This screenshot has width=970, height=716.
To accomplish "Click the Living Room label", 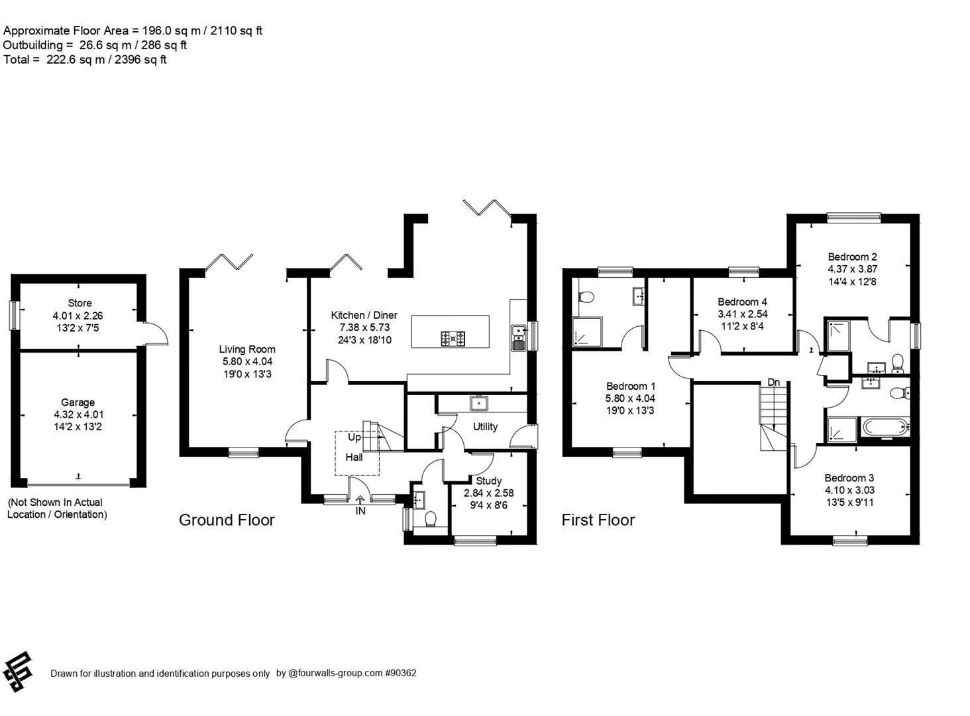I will pyautogui.click(x=247, y=349).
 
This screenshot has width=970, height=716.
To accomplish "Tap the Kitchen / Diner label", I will pyautogui.click(x=364, y=315).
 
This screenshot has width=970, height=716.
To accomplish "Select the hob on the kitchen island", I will pyautogui.click(x=453, y=339).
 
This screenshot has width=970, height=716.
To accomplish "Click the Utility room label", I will pyautogui.click(x=485, y=426).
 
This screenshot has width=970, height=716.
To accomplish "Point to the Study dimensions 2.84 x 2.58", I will pyautogui.click(x=488, y=493).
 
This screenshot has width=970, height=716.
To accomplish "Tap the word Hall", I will pyautogui.click(x=354, y=457).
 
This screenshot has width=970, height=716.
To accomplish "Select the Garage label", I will pyautogui.click(x=78, y=402).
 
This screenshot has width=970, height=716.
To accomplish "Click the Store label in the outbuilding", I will pyautogui.click(x=80, y=303).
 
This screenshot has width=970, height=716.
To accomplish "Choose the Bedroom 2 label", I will pyautogui.click(x=852, y=257).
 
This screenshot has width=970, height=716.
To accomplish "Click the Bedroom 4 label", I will pyautogui.click(x=742, y=302).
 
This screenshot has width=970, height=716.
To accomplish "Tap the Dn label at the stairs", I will pyautogui.click(x=773, y=382).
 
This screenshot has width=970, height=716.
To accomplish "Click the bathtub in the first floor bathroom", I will pyautogui.click(x=884, y=428).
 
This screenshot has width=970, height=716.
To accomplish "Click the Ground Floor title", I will pyautogui.click(x=227, y=520).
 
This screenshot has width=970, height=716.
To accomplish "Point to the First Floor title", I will pyautogui.click(x=598, y=520).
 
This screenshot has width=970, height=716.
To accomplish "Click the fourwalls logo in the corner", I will pyautogui.click(x=18, y=672).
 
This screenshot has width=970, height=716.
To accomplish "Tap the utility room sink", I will pyautogui.click(x=478, y=402).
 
